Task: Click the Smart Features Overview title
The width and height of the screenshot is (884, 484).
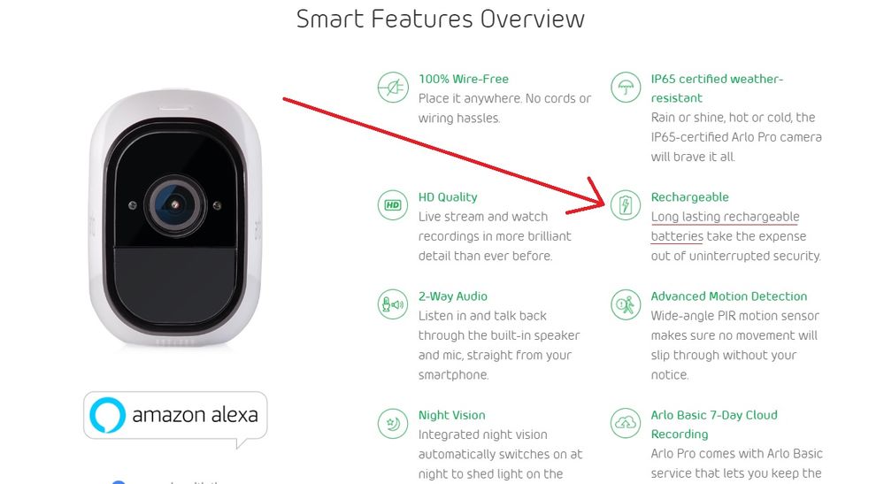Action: (441, 19)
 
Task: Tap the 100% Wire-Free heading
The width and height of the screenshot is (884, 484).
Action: (464, 79)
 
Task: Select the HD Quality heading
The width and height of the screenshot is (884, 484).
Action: (448, 197)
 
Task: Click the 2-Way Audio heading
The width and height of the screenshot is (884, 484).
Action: (453, 296)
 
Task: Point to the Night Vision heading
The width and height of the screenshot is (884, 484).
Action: (451, 415)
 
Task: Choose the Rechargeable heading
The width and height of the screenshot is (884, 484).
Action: (689, 197)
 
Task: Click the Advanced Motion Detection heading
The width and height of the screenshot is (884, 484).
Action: (729, 296)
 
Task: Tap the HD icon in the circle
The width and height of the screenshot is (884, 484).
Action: (393, 205)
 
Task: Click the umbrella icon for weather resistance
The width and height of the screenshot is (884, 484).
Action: (626, 88)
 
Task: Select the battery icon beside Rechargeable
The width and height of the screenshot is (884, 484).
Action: (626, 205)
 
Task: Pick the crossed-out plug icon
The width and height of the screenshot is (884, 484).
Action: (393, 88)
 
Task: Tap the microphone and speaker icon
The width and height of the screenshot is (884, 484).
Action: (393, 304)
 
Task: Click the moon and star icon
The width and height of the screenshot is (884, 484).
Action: (393, 423)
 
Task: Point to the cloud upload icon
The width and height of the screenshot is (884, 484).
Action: (626, 423)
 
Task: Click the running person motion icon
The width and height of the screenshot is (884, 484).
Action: (626, 304)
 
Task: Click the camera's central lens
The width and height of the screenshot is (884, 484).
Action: (175, 205)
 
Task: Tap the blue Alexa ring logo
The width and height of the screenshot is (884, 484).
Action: (107, 415)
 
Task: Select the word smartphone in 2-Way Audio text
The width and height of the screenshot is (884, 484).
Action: (453, 375)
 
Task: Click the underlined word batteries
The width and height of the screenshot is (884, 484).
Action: (677, 236)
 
